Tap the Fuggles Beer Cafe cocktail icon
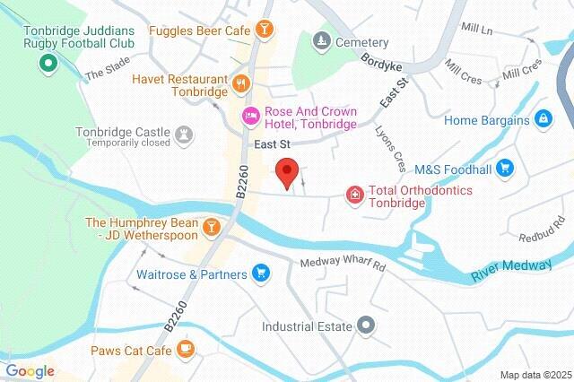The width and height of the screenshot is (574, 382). (264, 30)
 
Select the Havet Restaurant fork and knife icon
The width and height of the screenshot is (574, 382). (239, 84)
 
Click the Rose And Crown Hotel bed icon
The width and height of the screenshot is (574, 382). (252, 116)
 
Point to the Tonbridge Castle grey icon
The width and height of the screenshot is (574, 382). (185, 135)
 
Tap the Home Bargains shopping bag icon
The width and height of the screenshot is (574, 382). (543, 118)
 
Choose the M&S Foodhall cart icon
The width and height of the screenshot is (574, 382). (505, 168)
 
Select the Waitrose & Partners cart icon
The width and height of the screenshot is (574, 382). (261, 273)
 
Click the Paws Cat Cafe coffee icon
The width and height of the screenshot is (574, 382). (185, 348)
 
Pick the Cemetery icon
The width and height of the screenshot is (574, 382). (321, 41)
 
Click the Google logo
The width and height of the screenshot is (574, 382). (30, 371)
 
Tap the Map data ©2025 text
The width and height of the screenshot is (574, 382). (535, 374)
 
